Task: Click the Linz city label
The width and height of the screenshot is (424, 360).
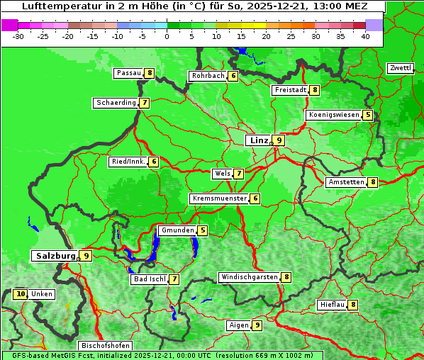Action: coord(259,140)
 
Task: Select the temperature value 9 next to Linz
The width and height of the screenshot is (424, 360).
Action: coord(279,140)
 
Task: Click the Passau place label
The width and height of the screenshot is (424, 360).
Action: coord(129,73)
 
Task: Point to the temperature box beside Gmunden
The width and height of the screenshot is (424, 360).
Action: coord(202,230)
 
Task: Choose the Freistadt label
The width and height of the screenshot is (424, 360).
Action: coord(291,90)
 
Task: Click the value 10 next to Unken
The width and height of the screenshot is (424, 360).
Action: coord(20,294)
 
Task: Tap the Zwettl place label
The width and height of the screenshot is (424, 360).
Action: coord(401,68)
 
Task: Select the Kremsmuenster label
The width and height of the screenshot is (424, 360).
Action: coord(220,198)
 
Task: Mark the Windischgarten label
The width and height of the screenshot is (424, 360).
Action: coord(249,277)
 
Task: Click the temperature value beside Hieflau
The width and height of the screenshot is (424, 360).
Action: coord(353,305)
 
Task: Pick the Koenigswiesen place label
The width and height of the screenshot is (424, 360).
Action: coord(334,115)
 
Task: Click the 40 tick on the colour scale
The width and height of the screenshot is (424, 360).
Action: coord(365,35)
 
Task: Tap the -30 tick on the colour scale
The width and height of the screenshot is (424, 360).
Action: coord(18,35)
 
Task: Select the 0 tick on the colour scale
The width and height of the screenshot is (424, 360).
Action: coord(167,35)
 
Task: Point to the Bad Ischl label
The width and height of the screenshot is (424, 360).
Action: coord(150,279)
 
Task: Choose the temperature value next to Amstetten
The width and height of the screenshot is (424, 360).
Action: coord(372,182)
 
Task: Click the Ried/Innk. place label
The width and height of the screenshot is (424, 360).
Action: coord(128,162)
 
